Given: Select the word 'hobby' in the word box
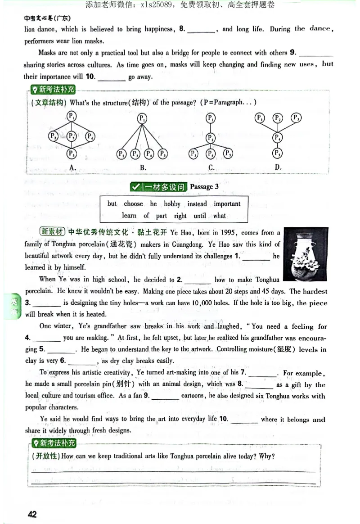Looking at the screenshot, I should (172, 203).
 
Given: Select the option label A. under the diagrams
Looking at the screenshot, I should (72, 167).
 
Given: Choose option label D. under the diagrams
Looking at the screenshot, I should (278, 167).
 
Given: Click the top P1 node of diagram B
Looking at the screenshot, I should (142, 119).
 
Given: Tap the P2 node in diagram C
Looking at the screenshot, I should (210, 137).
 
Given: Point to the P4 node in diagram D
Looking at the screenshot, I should (278, 137).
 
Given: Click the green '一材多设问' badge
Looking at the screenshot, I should (157, 186).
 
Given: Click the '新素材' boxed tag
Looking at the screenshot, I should (53, 232).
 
